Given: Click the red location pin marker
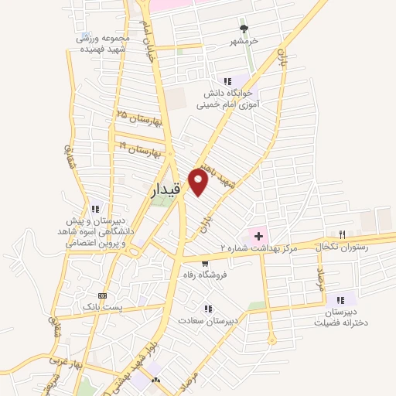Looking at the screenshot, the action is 199,183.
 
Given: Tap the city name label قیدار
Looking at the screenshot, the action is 166,188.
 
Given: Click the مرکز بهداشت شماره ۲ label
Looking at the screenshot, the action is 258,247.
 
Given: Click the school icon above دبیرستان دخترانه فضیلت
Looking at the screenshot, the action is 340,299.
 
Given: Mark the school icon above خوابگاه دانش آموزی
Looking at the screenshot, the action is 227,80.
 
